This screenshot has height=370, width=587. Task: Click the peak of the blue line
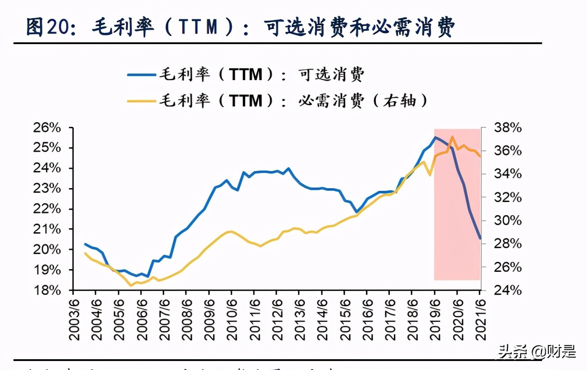point(435,137)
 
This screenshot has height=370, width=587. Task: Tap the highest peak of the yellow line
point(452,136)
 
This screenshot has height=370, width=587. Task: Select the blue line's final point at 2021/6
point(480,238)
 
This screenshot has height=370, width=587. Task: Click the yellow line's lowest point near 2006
point(131,285)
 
